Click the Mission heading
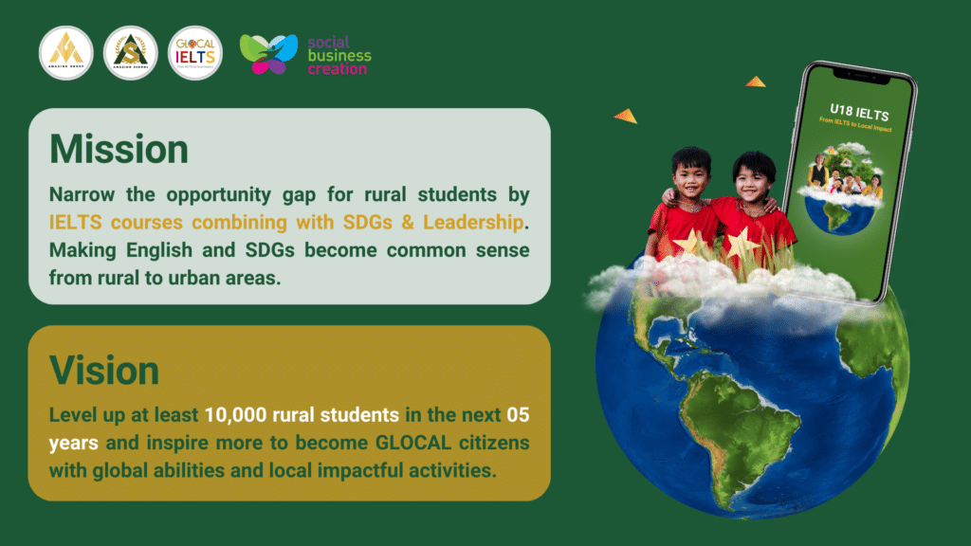(x=119, y=150)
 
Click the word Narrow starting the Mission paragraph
(x=85, y=194)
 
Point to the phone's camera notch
(x=855, y=71)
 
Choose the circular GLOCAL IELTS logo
(x=194, y=53)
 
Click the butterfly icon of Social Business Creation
(x=267, y=53)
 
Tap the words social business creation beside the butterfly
(x=339, y=55)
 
